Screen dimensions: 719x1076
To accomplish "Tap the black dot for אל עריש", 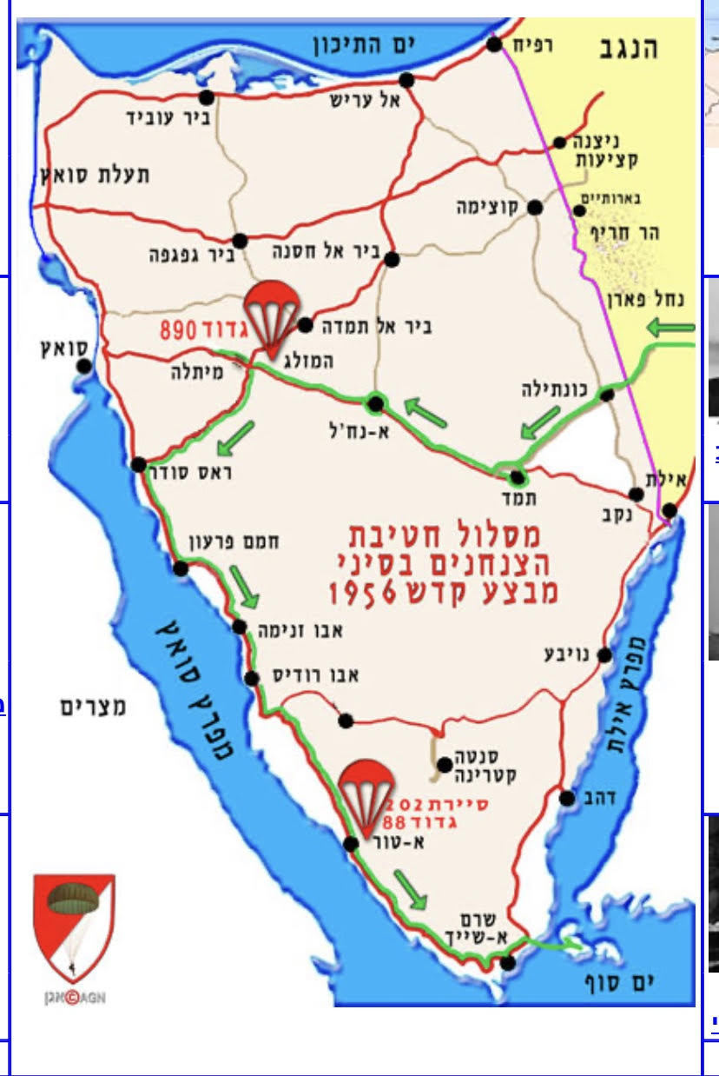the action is (x=406, y=80).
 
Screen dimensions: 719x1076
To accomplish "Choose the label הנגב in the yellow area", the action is (x=629, y=49).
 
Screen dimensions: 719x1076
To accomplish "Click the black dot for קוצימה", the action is (x=535, y=208).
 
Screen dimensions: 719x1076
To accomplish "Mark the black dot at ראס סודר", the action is (x=138, y=465).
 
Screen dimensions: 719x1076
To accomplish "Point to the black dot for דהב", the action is (x=567, y=798).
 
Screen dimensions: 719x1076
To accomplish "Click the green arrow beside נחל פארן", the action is (x=671, y=328).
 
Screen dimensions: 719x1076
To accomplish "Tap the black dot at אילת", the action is (x=670, y=511).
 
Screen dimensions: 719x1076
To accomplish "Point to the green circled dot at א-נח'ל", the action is (x=376, y=403).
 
